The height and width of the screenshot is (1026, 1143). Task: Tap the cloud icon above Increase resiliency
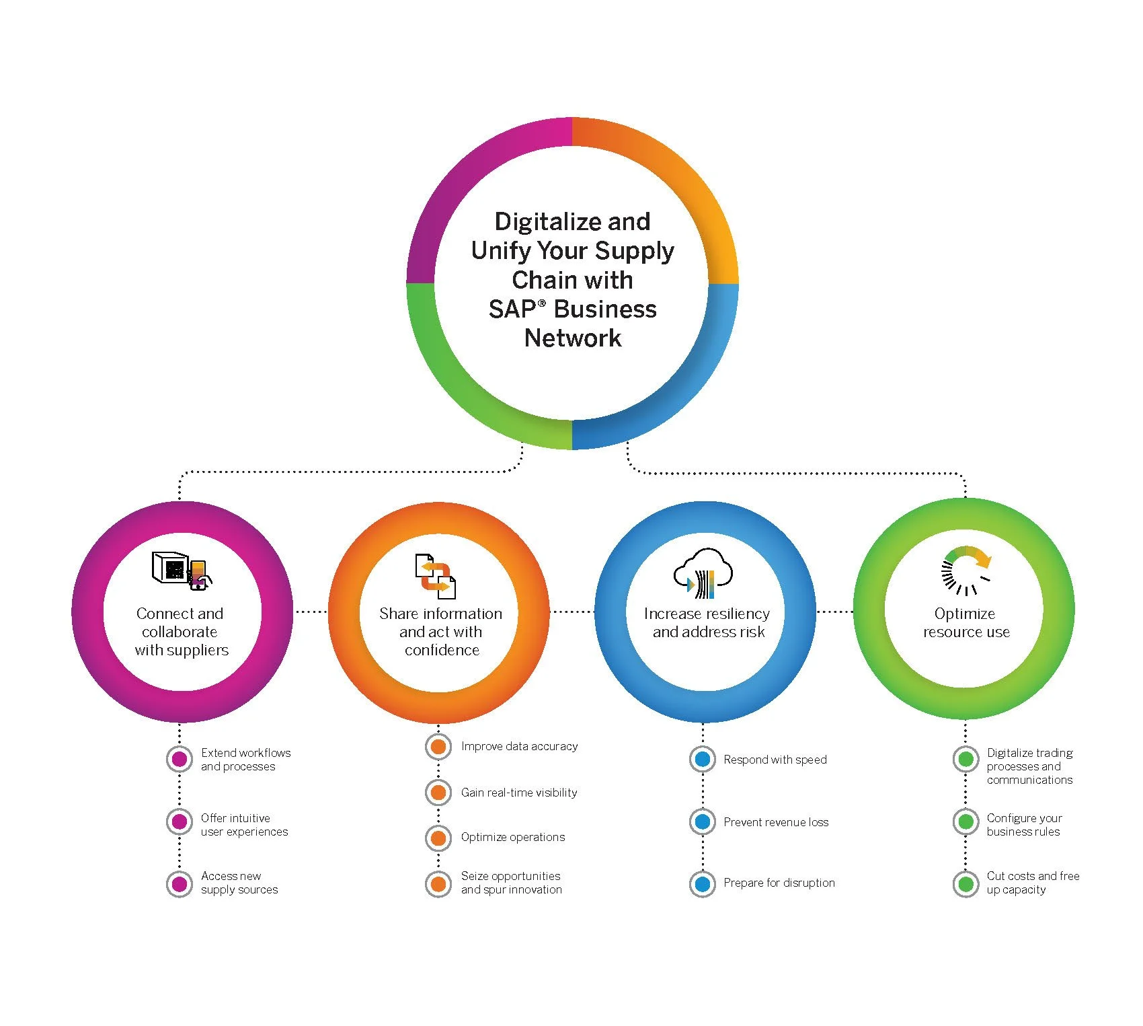click(703, 573)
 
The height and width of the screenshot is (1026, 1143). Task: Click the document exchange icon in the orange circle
click(436, 576)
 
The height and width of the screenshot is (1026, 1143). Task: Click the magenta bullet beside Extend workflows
click(180, 759)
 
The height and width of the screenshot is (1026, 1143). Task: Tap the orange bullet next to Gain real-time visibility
click(438, 793)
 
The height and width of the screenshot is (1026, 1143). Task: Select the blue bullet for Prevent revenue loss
click(703, 821)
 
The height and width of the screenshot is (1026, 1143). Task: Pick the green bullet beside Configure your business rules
click(966, 821)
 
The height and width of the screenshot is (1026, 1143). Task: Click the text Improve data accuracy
click(519, 746)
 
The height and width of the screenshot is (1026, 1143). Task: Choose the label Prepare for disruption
click(779, 883)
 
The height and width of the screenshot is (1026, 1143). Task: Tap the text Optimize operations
click(512, 837)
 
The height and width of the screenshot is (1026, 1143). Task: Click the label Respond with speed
click(775, 760)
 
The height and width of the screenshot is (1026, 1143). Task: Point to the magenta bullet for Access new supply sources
click(180, 883)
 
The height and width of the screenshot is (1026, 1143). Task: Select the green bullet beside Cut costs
click(966, 883)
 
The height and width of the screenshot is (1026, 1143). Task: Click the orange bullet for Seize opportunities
click(438, 883)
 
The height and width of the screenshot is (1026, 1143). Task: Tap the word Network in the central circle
click(572, 338)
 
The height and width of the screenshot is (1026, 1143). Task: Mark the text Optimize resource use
click(965, 622)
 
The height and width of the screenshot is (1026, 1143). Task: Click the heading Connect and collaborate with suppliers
click(181, 632)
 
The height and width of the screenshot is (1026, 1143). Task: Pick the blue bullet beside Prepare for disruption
click(703, 883)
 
